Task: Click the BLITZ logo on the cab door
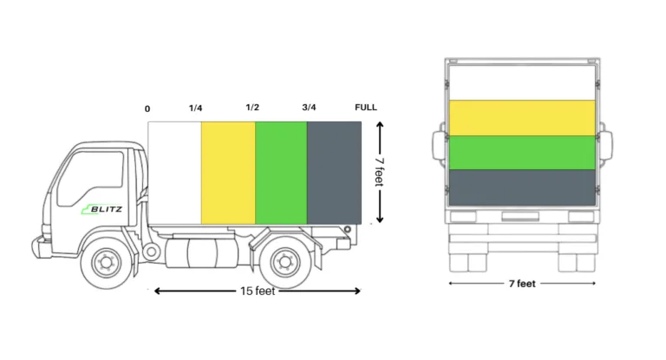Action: point(102,209)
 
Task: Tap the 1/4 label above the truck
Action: point(195,108)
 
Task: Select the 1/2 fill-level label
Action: point(252,107)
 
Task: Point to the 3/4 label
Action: point(309,107)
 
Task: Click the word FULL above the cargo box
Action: point(366,107)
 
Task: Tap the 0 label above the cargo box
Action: point(147,108)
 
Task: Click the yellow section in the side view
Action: point(228,173)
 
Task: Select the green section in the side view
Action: point(281,173)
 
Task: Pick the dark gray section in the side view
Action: point(334,173)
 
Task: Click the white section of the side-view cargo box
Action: point(174,173)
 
